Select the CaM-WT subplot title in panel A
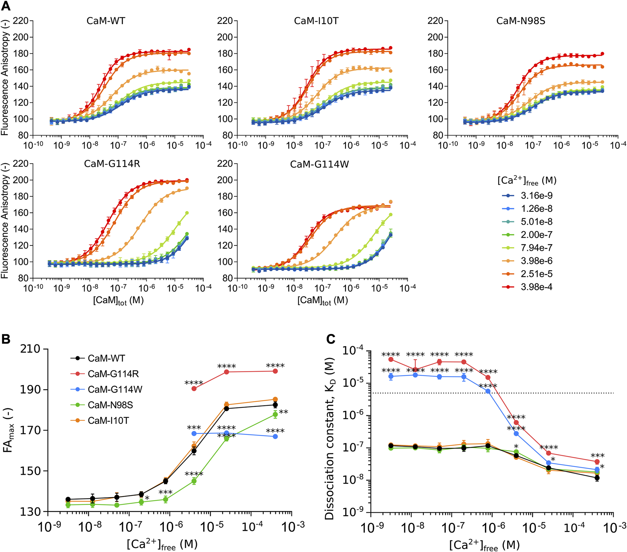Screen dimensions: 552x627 pos(106,21)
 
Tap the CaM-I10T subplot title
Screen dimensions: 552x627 pos(316,21)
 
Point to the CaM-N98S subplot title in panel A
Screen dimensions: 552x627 pos(520,21)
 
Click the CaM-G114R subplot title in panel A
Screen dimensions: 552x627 pos(112,164)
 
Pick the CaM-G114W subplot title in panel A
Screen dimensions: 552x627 pos(319,164)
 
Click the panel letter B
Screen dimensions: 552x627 pos(6,339)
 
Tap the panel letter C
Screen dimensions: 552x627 pos(330,339)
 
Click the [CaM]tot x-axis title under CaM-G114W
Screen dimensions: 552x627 pos(322,301)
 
